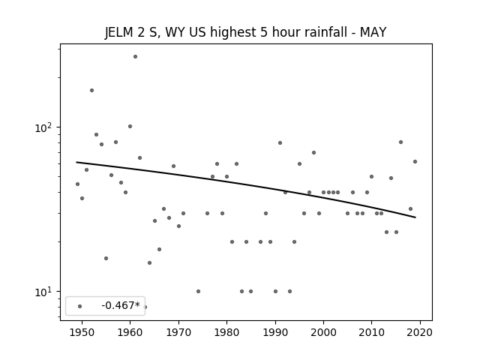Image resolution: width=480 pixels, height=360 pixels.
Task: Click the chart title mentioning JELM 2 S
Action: pos(245,32)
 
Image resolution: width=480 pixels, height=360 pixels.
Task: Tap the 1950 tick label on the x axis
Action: pos(82,332)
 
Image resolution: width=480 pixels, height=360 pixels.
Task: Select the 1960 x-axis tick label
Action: pos(130,332)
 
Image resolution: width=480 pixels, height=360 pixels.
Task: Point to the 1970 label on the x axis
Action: pos(178,332)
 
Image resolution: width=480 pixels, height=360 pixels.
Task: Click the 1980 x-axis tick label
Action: pos(226,332)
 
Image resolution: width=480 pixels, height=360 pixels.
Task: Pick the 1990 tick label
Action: pos(275,332)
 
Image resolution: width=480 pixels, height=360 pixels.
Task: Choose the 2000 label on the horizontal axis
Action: pos(323,332)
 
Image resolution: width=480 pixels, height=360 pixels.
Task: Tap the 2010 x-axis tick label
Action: pos(372,332)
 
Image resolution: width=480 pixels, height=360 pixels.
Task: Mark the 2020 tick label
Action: pos(420,332)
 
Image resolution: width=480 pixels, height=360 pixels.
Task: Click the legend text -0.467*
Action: pos(121,305)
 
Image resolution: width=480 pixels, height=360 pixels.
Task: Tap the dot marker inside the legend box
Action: pos(80,307)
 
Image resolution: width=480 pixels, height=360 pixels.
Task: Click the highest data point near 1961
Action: pos(135,57)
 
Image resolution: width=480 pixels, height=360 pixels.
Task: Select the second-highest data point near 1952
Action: pos(91,90)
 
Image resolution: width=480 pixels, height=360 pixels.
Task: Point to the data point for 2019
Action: pos(415,162)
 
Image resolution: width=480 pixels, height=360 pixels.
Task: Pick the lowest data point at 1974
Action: pos(198,292)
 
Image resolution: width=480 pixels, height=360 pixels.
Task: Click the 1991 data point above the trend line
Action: pos(280,143)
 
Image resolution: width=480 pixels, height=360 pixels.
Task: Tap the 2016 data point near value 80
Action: pos(400,142)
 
